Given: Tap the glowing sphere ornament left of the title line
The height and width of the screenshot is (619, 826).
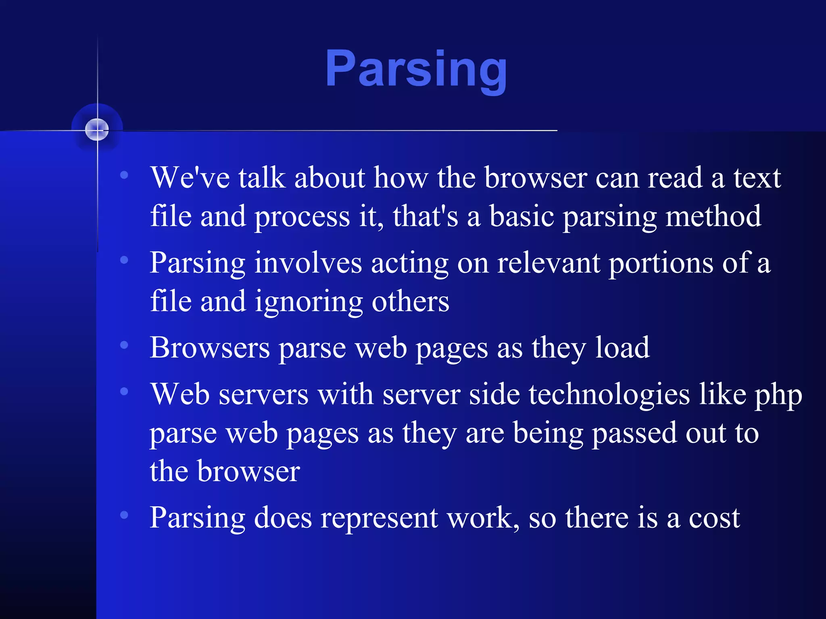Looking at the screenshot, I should tap(97, 130).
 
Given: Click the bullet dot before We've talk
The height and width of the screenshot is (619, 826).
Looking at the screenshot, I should tap(124, 175).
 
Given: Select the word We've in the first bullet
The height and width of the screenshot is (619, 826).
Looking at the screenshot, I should tap(190, 178).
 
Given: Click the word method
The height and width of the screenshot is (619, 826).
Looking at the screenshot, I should tap(713, 217).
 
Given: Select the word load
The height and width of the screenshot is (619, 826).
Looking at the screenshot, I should tap(622, 348).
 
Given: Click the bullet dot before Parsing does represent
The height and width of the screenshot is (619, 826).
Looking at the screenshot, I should tap(124, 515).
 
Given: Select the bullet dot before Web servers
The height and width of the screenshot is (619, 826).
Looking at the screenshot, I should tap(124, 391).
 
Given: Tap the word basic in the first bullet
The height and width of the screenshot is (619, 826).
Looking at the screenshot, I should tap(521, 217).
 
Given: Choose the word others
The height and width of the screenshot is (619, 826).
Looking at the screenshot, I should tap(410, 302).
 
